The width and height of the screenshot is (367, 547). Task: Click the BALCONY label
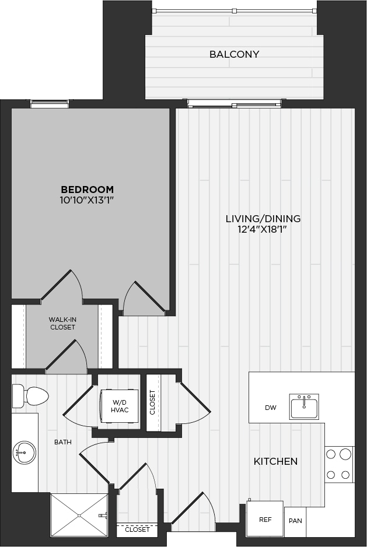click(x=235, y=54)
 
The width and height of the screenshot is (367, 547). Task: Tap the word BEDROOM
click(x=88, y=190)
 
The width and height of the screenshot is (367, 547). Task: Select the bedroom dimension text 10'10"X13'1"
click(x=88, y=200)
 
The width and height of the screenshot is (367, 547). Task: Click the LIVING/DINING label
click(x=263, y=219)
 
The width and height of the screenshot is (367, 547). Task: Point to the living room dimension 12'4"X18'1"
click(x=263, y=229)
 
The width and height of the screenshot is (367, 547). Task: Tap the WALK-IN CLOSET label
click(x=62, y=324)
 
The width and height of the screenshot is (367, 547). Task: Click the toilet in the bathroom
click(x=30, y=396)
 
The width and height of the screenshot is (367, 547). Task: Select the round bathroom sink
click(x=25, y=453)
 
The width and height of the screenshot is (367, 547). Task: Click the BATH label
click(x=63, y=442)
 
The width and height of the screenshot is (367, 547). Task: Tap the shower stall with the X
click(x=79, y=516)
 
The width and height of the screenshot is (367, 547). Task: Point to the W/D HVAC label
click(x=120, y=406)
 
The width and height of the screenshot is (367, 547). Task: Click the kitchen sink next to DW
click(x=304, y=406)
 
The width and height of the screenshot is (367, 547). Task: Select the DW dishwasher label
click(x=271, y=408)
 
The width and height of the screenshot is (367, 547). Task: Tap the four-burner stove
click(x=338, y=464)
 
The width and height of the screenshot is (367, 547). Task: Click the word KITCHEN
click(x=275, y=461)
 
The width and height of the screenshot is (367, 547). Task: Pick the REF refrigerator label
click(x=265, y=520)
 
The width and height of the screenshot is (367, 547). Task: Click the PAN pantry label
click(x=295, y=521)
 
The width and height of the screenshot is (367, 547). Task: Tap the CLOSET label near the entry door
click(x=137, y=530)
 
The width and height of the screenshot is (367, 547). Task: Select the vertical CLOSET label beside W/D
click(x=152, y=402)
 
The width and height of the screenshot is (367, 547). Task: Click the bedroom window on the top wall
click(x=49, y=104)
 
